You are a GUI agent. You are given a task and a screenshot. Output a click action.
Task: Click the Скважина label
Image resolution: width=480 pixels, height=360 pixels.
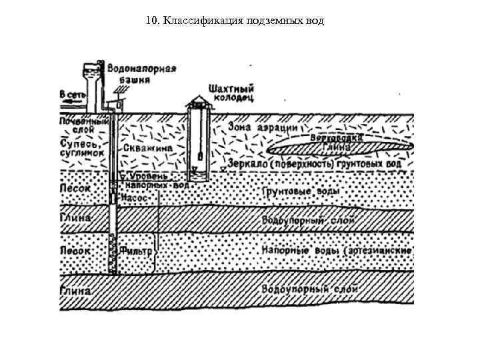(147, 149)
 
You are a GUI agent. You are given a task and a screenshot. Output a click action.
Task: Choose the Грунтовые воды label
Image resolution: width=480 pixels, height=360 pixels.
(300, 192)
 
